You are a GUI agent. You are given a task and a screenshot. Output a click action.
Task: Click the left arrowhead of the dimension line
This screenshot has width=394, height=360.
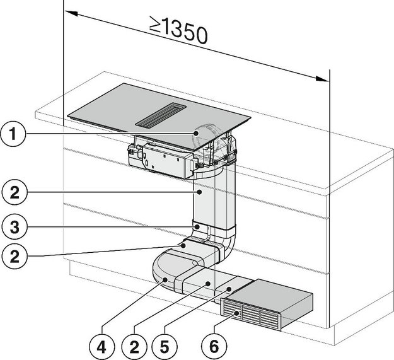pyautogui.click(x=68, y=11)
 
